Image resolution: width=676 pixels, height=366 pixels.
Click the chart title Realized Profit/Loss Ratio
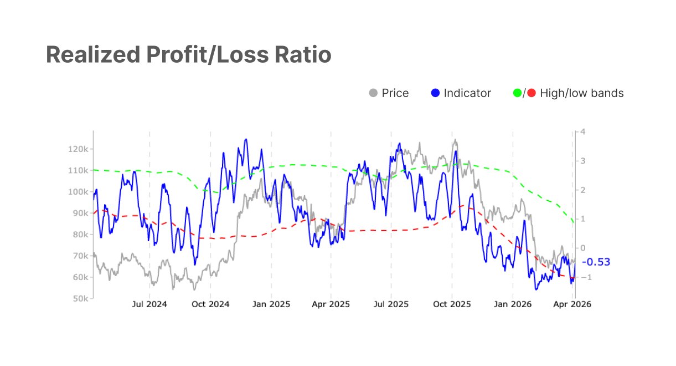[188, 54]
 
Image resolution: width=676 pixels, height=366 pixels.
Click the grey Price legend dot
[373, 93]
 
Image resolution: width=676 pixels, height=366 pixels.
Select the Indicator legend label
[467, 93]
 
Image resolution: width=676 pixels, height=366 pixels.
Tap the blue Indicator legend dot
[435, 93]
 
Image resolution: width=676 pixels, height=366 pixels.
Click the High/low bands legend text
[581, 93]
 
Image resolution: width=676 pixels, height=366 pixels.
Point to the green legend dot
[518, 93]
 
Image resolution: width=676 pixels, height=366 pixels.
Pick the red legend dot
[531, 93]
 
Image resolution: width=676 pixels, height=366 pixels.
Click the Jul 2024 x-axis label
[149, 304]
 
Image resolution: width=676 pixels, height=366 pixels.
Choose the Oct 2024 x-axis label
[210, 304]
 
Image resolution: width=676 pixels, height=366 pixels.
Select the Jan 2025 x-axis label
[271, 304]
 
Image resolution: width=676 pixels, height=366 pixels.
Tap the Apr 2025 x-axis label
[331, 304]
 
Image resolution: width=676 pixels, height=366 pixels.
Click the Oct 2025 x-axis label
[452, 304]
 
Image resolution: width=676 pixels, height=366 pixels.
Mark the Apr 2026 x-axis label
[572, 304]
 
